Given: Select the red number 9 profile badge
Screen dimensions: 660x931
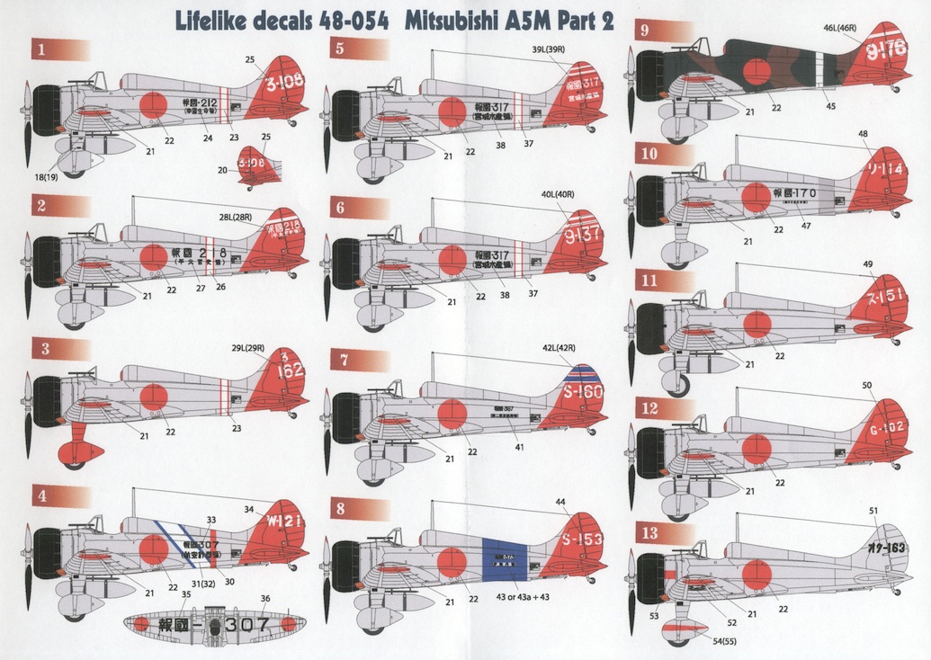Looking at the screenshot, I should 645,29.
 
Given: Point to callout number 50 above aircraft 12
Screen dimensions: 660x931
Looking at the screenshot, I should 866,386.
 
